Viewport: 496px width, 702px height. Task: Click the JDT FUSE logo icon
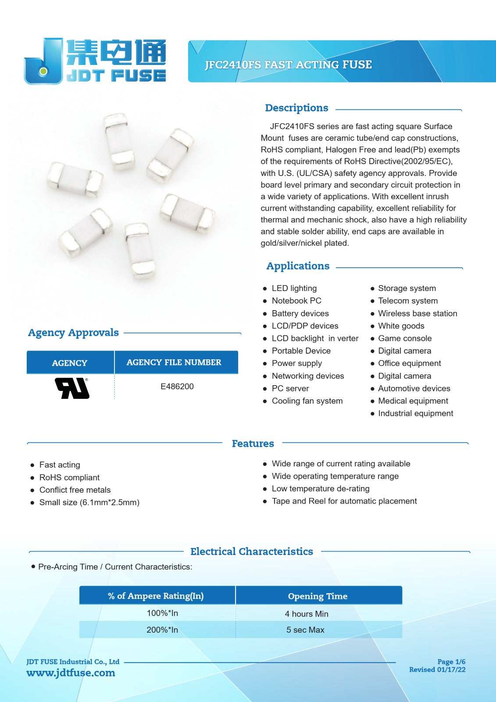43,61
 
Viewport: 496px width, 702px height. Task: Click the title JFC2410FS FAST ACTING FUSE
288,65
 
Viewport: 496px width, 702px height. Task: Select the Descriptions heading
296,108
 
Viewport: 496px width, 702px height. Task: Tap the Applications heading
298,266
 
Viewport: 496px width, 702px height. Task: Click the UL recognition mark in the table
72,388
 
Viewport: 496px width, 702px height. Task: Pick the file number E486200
177,387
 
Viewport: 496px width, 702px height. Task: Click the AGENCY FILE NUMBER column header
174,362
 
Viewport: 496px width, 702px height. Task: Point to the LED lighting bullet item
294,288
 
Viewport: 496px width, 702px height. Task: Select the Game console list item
404,338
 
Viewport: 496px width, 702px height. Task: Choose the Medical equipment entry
413,401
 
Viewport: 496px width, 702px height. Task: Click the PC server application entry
290,388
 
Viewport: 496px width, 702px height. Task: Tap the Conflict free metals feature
75,490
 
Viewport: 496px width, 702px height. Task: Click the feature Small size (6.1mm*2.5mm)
89,502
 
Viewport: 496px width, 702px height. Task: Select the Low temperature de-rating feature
320,489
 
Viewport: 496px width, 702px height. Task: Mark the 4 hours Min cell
306,614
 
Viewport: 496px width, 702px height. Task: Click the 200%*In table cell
162,630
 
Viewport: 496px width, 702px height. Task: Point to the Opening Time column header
318,596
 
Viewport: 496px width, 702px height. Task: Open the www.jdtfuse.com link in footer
71,673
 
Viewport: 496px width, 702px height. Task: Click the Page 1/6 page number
451,662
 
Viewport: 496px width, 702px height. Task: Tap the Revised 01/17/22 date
437,670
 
